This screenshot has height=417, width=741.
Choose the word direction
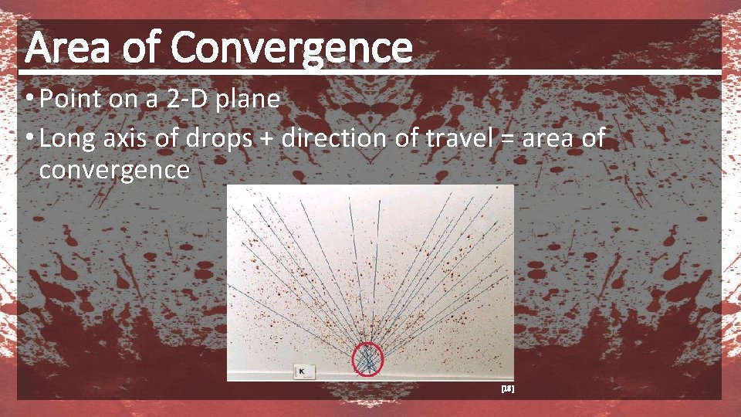[333, 139]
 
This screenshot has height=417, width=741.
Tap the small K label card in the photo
[303, 371]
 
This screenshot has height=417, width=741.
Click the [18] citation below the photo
[507, 390]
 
